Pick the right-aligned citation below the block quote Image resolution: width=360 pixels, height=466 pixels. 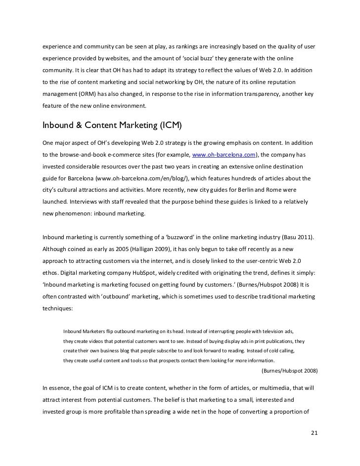click(x=289, y=370)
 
